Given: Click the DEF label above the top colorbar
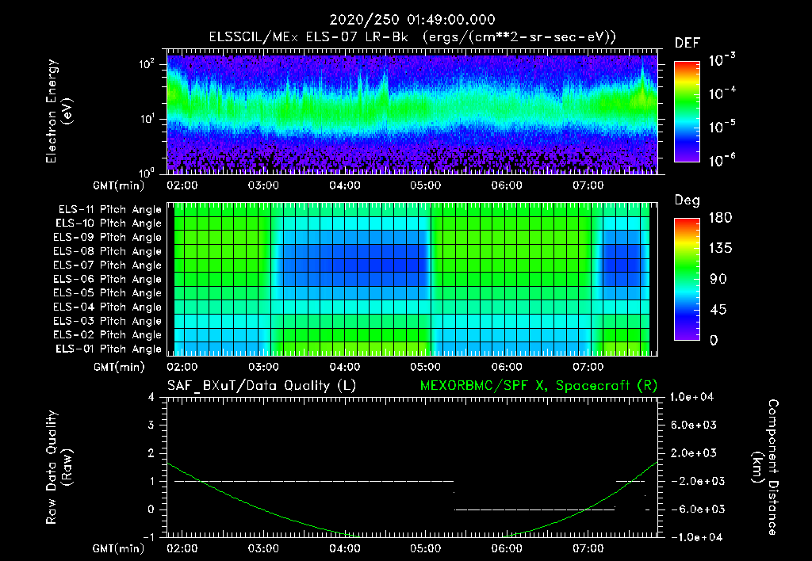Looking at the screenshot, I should click(687, 43).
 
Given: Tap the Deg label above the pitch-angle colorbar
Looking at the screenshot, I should click(687, 200).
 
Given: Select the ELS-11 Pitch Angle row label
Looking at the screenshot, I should click(109, 210).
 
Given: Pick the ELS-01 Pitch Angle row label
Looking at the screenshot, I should click(109, 349).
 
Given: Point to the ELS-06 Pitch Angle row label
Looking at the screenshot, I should click(109, 279).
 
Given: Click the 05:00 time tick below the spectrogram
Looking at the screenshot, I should click(426, 185).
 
